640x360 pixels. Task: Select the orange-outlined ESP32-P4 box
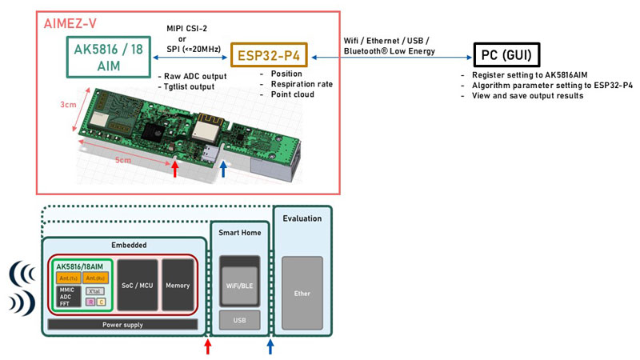pos(270,56)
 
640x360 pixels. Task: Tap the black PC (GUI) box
pos(506,55)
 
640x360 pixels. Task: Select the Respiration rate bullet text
pos(296,83)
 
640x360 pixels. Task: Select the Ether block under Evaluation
pos(302,293)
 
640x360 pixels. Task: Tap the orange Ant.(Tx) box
pos(67,278)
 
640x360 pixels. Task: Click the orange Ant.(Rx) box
pos(94,278)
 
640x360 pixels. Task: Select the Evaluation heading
pos(302,218)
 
